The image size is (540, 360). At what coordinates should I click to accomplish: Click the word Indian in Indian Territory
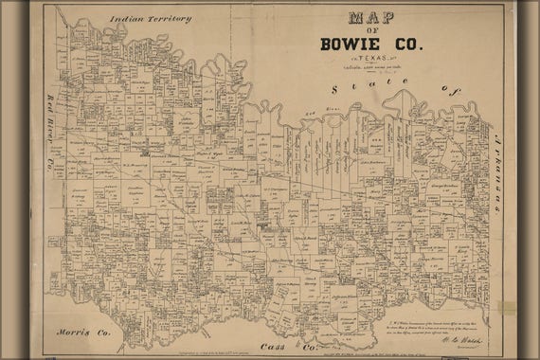[128, 19]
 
